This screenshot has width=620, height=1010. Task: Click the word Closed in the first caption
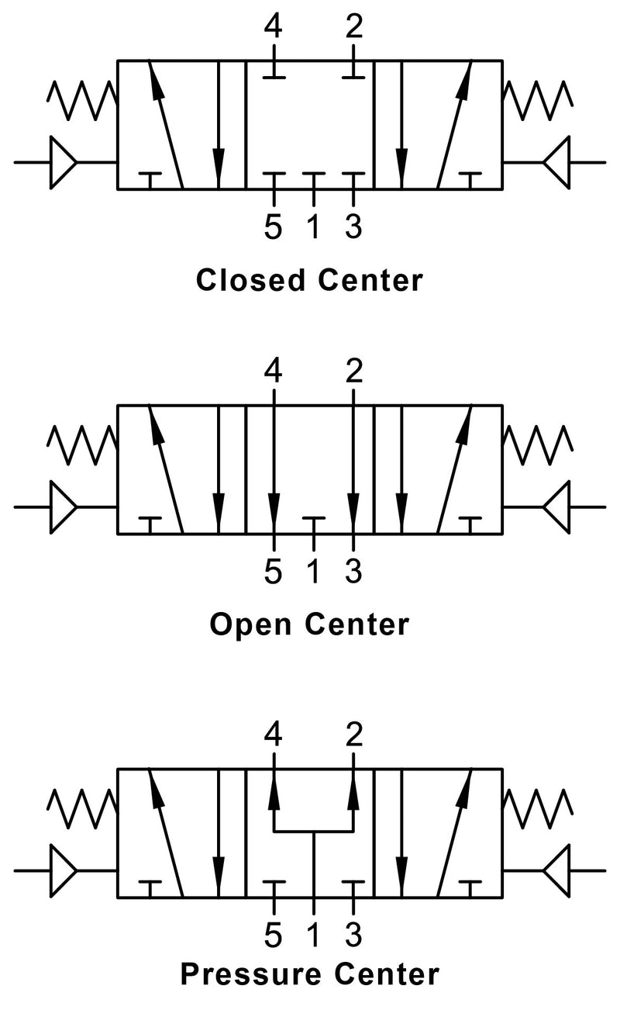251,280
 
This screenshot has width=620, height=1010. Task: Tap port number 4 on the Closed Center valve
273,28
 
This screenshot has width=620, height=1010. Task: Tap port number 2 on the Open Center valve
353,373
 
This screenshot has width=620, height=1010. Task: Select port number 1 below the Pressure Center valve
313,936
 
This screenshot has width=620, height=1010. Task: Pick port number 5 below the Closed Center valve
273,227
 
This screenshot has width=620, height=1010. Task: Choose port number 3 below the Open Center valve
353,572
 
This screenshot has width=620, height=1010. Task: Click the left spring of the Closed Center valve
82,99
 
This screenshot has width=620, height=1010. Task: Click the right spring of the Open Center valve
539,444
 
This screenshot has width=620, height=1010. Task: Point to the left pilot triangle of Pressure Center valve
63,870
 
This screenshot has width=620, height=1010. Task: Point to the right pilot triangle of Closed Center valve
557,163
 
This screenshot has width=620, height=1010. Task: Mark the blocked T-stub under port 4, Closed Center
273,74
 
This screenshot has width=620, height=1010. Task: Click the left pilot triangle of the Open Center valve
63,507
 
